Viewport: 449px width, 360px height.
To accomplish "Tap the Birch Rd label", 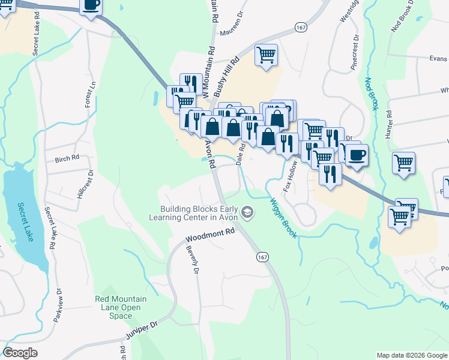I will pos(67,159).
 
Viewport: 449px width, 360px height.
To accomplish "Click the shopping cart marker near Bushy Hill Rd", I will pos(266,55).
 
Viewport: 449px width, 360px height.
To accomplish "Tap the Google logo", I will pos(20,353).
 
